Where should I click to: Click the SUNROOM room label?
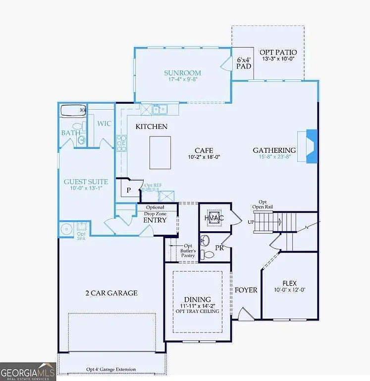point(182,73)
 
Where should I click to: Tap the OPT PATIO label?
point(278,52)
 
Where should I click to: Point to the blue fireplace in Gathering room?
point(311,145)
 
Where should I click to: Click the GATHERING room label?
point(274,150)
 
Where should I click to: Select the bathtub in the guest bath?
point(73,110)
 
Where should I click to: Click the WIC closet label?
point(104,124)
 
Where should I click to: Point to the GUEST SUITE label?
point(86,182)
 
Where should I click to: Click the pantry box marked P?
point(128,190)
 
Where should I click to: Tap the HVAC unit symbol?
point(214,218)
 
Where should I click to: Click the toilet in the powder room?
point(209,254)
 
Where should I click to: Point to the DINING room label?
point(197,300)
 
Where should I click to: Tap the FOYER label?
point(246,290)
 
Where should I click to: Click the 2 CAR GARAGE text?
point(111,293)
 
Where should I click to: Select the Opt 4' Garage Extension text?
point(111,370)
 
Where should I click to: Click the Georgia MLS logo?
point(28,372)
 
